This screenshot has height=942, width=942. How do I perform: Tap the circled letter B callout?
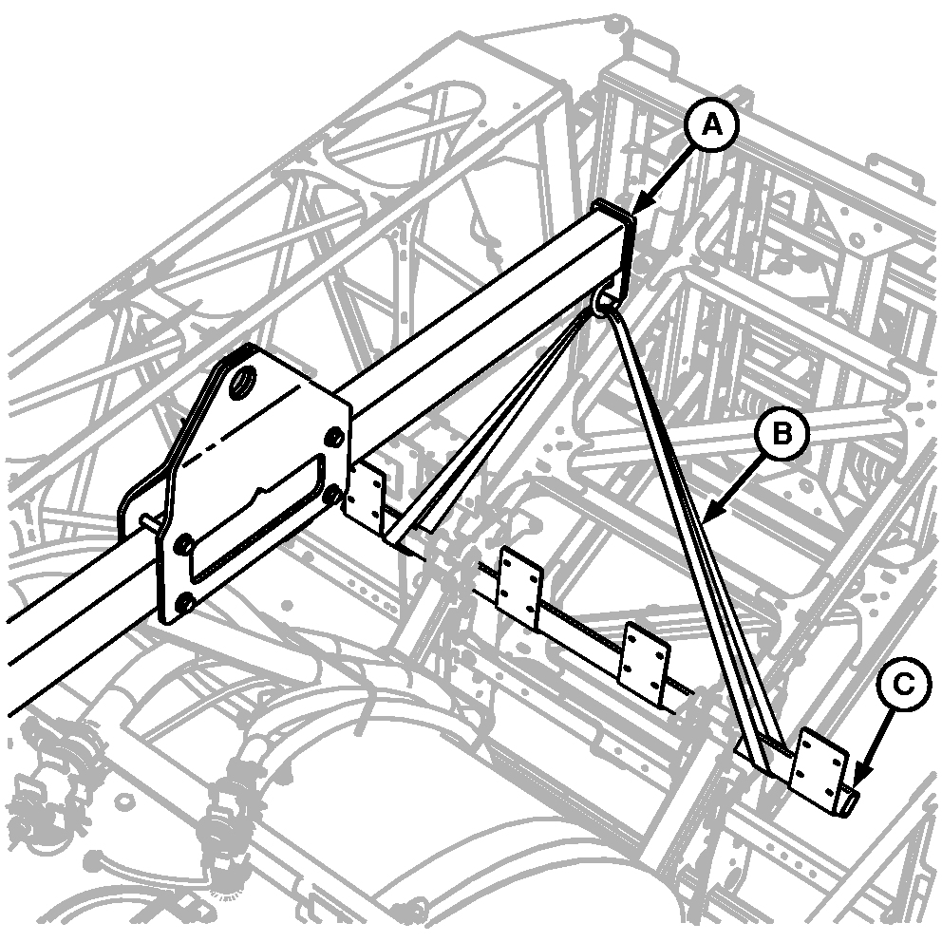[782, 433]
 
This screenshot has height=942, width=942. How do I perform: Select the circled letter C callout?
[904, 685]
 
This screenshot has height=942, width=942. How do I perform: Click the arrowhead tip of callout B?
[703, 522]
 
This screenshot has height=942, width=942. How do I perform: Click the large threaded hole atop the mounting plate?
[244, 380]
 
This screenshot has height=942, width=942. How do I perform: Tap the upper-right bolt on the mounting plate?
[334, 436]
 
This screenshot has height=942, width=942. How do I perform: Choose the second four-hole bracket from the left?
[520, 586]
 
